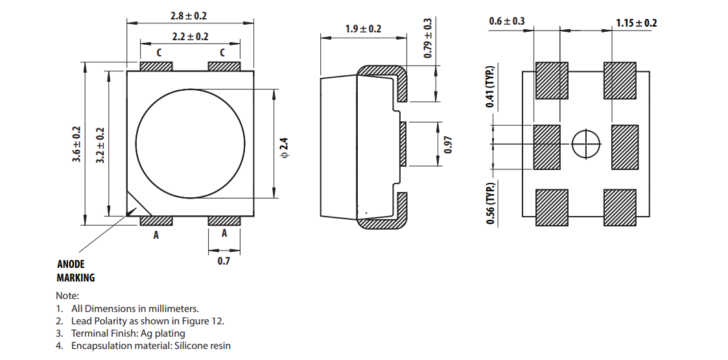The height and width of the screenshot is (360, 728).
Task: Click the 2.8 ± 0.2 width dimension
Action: [189, 16]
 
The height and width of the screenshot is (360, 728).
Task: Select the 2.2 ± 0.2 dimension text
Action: [190, 37]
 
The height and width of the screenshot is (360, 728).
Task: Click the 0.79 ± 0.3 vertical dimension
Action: [427, 38]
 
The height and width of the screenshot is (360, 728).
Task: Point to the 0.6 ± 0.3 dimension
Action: [507, 22]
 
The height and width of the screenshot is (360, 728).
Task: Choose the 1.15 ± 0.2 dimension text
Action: [636, 23]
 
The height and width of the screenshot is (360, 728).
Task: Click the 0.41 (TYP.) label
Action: [490, 88]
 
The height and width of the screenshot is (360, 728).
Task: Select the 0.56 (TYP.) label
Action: [490, 204]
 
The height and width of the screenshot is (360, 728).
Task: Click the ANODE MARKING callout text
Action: [76, 271]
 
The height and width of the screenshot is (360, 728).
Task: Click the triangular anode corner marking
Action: [135, 206]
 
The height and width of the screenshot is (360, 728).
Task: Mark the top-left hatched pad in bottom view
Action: [552, 80]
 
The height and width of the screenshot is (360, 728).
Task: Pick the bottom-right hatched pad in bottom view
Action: [620, 208]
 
